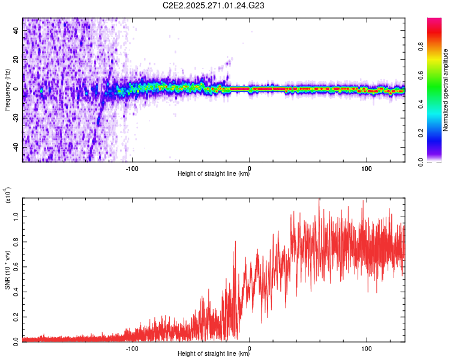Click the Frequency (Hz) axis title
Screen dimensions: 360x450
coord(7,90)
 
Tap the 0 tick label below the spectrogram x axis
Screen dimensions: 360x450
coord(250,168)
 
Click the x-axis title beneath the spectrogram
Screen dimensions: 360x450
coord(214,175)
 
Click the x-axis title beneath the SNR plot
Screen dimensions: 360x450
coord(214,354)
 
